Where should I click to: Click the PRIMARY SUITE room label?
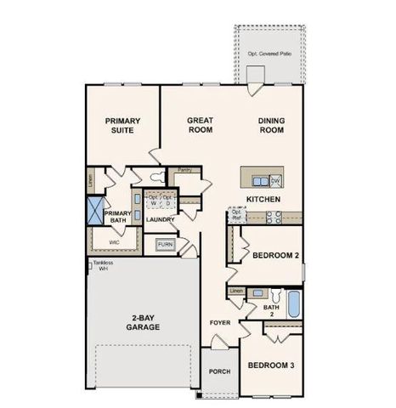click(122, 126)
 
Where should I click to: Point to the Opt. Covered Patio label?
click(269, 54)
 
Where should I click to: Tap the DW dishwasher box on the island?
click(275, 180)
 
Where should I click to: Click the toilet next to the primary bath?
click(154, 178)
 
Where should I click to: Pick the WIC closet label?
click(114, 242)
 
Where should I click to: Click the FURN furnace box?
click(165, 246)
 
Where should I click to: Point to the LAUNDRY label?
click(160, 220)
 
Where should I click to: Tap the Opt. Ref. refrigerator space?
click(237, 214)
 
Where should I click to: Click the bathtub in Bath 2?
click(292, 303)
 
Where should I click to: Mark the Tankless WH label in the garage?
click(101, 265)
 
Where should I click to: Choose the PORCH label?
click(219, 371)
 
